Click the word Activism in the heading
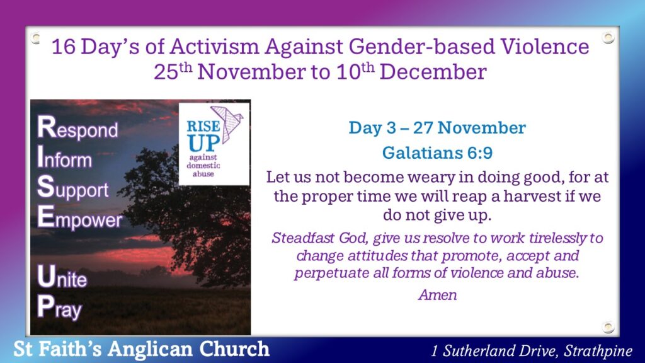pyautogui.click(x=214, y=46)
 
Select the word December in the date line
pyautogui.click(x=433, y=72)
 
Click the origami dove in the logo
pyautogui.click(x=227, y=124)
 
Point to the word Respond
pyautogui.click(x=77, y=128)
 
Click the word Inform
pyautogui.click(x=65, y=158)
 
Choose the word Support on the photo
pyautogui.click(x=73, y=188)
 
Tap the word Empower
pyautogui.click(x=80, y=218)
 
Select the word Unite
pyautogui.click(x=62, y=277)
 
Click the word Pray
pyautogui.click(x=60, y=308)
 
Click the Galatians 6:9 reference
pyautogui.click(x=437, y=153)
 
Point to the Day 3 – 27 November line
pyautogui.click(x=437, y=127)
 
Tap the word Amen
pyautogui.click(x=438, y=295)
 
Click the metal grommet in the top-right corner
pyautogui.click(x=608, y=38)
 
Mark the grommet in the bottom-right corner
pyautogui.click(x=608, y=327)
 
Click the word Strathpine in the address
pyautogui.click(x=598, y=350)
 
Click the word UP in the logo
pyautogui.click(x=203, y=144)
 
